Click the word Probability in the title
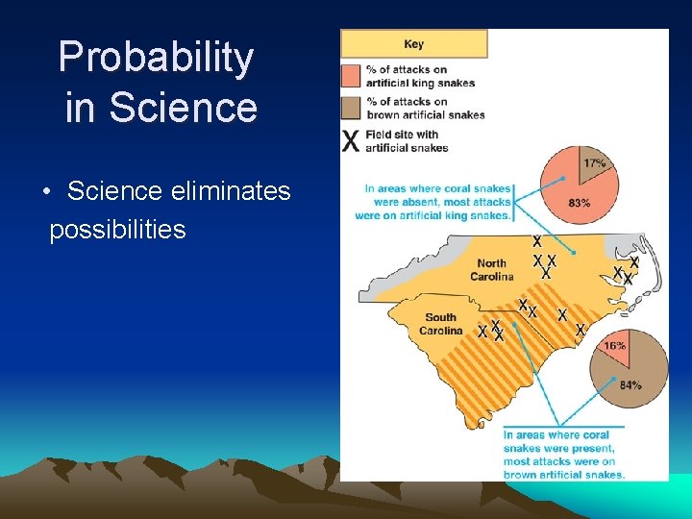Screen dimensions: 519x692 click(x=156, y=58)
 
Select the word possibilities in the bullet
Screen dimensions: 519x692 click(x=117, y=230)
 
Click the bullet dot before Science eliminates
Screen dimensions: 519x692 click(x=47, y=192)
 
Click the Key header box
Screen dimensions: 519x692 click(x=414, y=44)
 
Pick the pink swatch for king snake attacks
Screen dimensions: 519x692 click(x=351, y=76)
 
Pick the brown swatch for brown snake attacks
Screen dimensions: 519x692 click(x=351, y=108)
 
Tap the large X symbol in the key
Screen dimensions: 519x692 click(x=352, y=141)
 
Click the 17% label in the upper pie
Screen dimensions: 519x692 click(x=594, y=163)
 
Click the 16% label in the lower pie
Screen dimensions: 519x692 click(x=614, y=345)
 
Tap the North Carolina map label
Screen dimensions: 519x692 click(x=491, y=270)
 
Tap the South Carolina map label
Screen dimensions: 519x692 click(x=440, y=324)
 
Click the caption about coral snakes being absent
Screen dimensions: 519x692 click(x=436, y=202)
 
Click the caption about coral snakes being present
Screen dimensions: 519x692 click(x=563, y=455)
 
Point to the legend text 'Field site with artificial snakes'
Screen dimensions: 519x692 click(x=407, y=141)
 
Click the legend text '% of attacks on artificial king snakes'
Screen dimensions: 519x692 click(x=419, y=76)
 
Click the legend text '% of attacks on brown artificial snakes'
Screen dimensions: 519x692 click(x=424, y=108)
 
